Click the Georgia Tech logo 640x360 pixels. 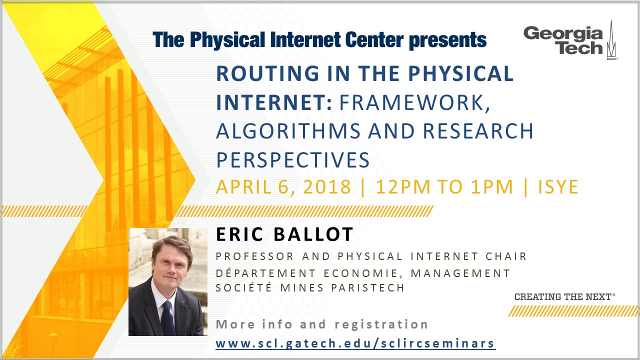tap(570, 40)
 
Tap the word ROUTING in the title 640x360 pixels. tap(267, 73)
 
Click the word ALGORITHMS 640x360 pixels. tap(288, 131)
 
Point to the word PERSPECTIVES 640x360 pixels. tap(293, 159)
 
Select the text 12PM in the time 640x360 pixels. tap(403, 187)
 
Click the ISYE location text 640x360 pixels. tap(558, 187)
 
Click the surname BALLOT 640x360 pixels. tap(313, 234)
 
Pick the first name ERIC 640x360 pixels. tap(239, 234)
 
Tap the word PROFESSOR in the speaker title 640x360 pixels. tap(254, 256)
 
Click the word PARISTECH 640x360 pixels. tap(367, 287)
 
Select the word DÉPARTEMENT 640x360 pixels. tap(265, 273)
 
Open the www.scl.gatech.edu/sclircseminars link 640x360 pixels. tap(355, 343)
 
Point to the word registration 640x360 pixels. tap(381, 325)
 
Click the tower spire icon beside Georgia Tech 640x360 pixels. tap(611, 40)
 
